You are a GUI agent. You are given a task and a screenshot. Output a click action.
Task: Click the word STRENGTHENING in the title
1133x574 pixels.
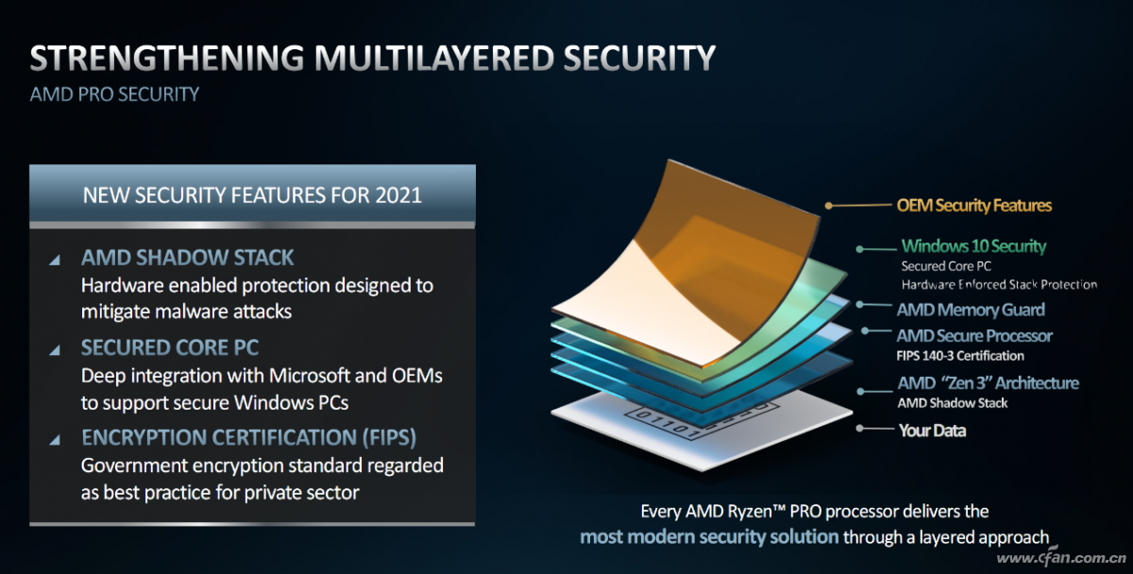point(167,58)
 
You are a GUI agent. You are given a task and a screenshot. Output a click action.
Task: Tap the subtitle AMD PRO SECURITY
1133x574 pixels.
point(114,94)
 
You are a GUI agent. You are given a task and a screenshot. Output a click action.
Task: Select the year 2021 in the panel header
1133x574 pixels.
point(398,195)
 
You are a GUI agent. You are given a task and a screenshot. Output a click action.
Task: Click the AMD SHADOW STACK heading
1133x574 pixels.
point(187,258)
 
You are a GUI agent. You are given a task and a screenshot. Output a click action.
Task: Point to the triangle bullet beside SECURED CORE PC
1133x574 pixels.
point(55,350)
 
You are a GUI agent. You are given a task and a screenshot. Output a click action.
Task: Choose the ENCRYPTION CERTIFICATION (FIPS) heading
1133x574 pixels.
point(249,437)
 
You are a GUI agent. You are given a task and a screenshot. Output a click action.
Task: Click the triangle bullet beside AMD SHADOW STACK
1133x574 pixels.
point(55,260)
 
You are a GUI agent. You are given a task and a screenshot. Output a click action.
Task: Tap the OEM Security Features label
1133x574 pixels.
point(973,205)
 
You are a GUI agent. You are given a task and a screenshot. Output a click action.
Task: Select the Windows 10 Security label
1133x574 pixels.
point(973,246)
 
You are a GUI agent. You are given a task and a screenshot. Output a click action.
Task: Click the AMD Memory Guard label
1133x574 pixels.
point(971,310)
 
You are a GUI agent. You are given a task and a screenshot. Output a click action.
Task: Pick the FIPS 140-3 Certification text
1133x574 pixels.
point(960,356)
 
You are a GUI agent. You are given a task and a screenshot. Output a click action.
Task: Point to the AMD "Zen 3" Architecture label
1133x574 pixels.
point(988,383)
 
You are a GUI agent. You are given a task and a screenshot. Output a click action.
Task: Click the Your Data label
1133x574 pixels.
point(932,430)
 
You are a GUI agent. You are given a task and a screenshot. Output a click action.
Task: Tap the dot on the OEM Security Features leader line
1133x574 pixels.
point(829,205)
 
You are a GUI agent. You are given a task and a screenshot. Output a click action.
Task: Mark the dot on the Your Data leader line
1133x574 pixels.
point(859,429)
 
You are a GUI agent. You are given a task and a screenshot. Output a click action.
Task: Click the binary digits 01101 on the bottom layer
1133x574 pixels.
point(668,424)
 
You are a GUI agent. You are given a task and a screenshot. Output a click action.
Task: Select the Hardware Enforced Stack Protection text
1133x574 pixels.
point(999,285)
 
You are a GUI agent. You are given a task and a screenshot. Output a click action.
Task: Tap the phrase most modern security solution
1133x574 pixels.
point(709,536)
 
